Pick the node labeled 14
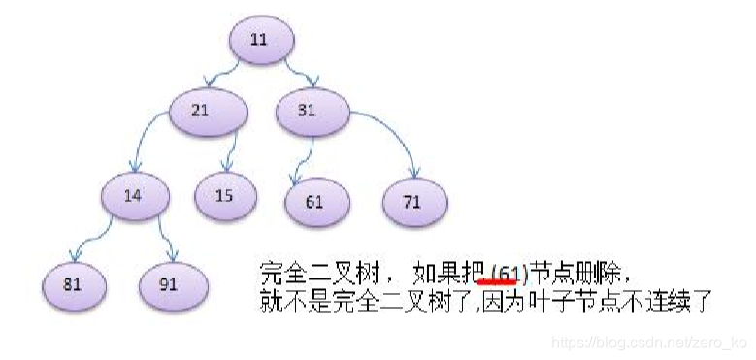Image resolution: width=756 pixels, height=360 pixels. coord(134,196)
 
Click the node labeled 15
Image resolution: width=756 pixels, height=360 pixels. coord(225,196)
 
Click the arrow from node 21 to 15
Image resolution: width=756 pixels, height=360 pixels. coord(229,153)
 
